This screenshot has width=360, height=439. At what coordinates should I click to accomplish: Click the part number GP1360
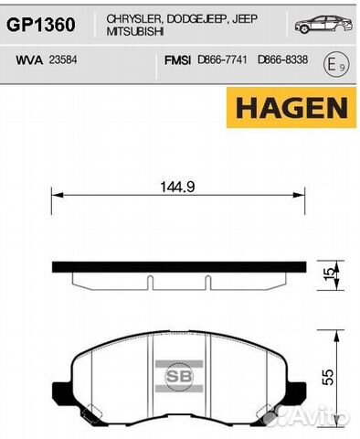(x=41, y=25)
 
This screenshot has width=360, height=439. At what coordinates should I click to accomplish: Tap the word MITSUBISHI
(x=135, y=32)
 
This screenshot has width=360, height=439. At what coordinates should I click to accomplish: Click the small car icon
(x=323, y=24)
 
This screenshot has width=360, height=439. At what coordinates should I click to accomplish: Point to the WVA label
(x=29, y=60)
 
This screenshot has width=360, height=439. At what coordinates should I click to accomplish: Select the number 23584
(x=63, y=59)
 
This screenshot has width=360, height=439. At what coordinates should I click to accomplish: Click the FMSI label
(x=177, y=60)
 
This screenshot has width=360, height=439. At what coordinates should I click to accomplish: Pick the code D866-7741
(x=222, y=59)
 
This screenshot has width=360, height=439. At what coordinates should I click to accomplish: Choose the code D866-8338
(x=282, y=59)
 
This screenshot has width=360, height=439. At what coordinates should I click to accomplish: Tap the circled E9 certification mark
(x=336, y=65)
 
